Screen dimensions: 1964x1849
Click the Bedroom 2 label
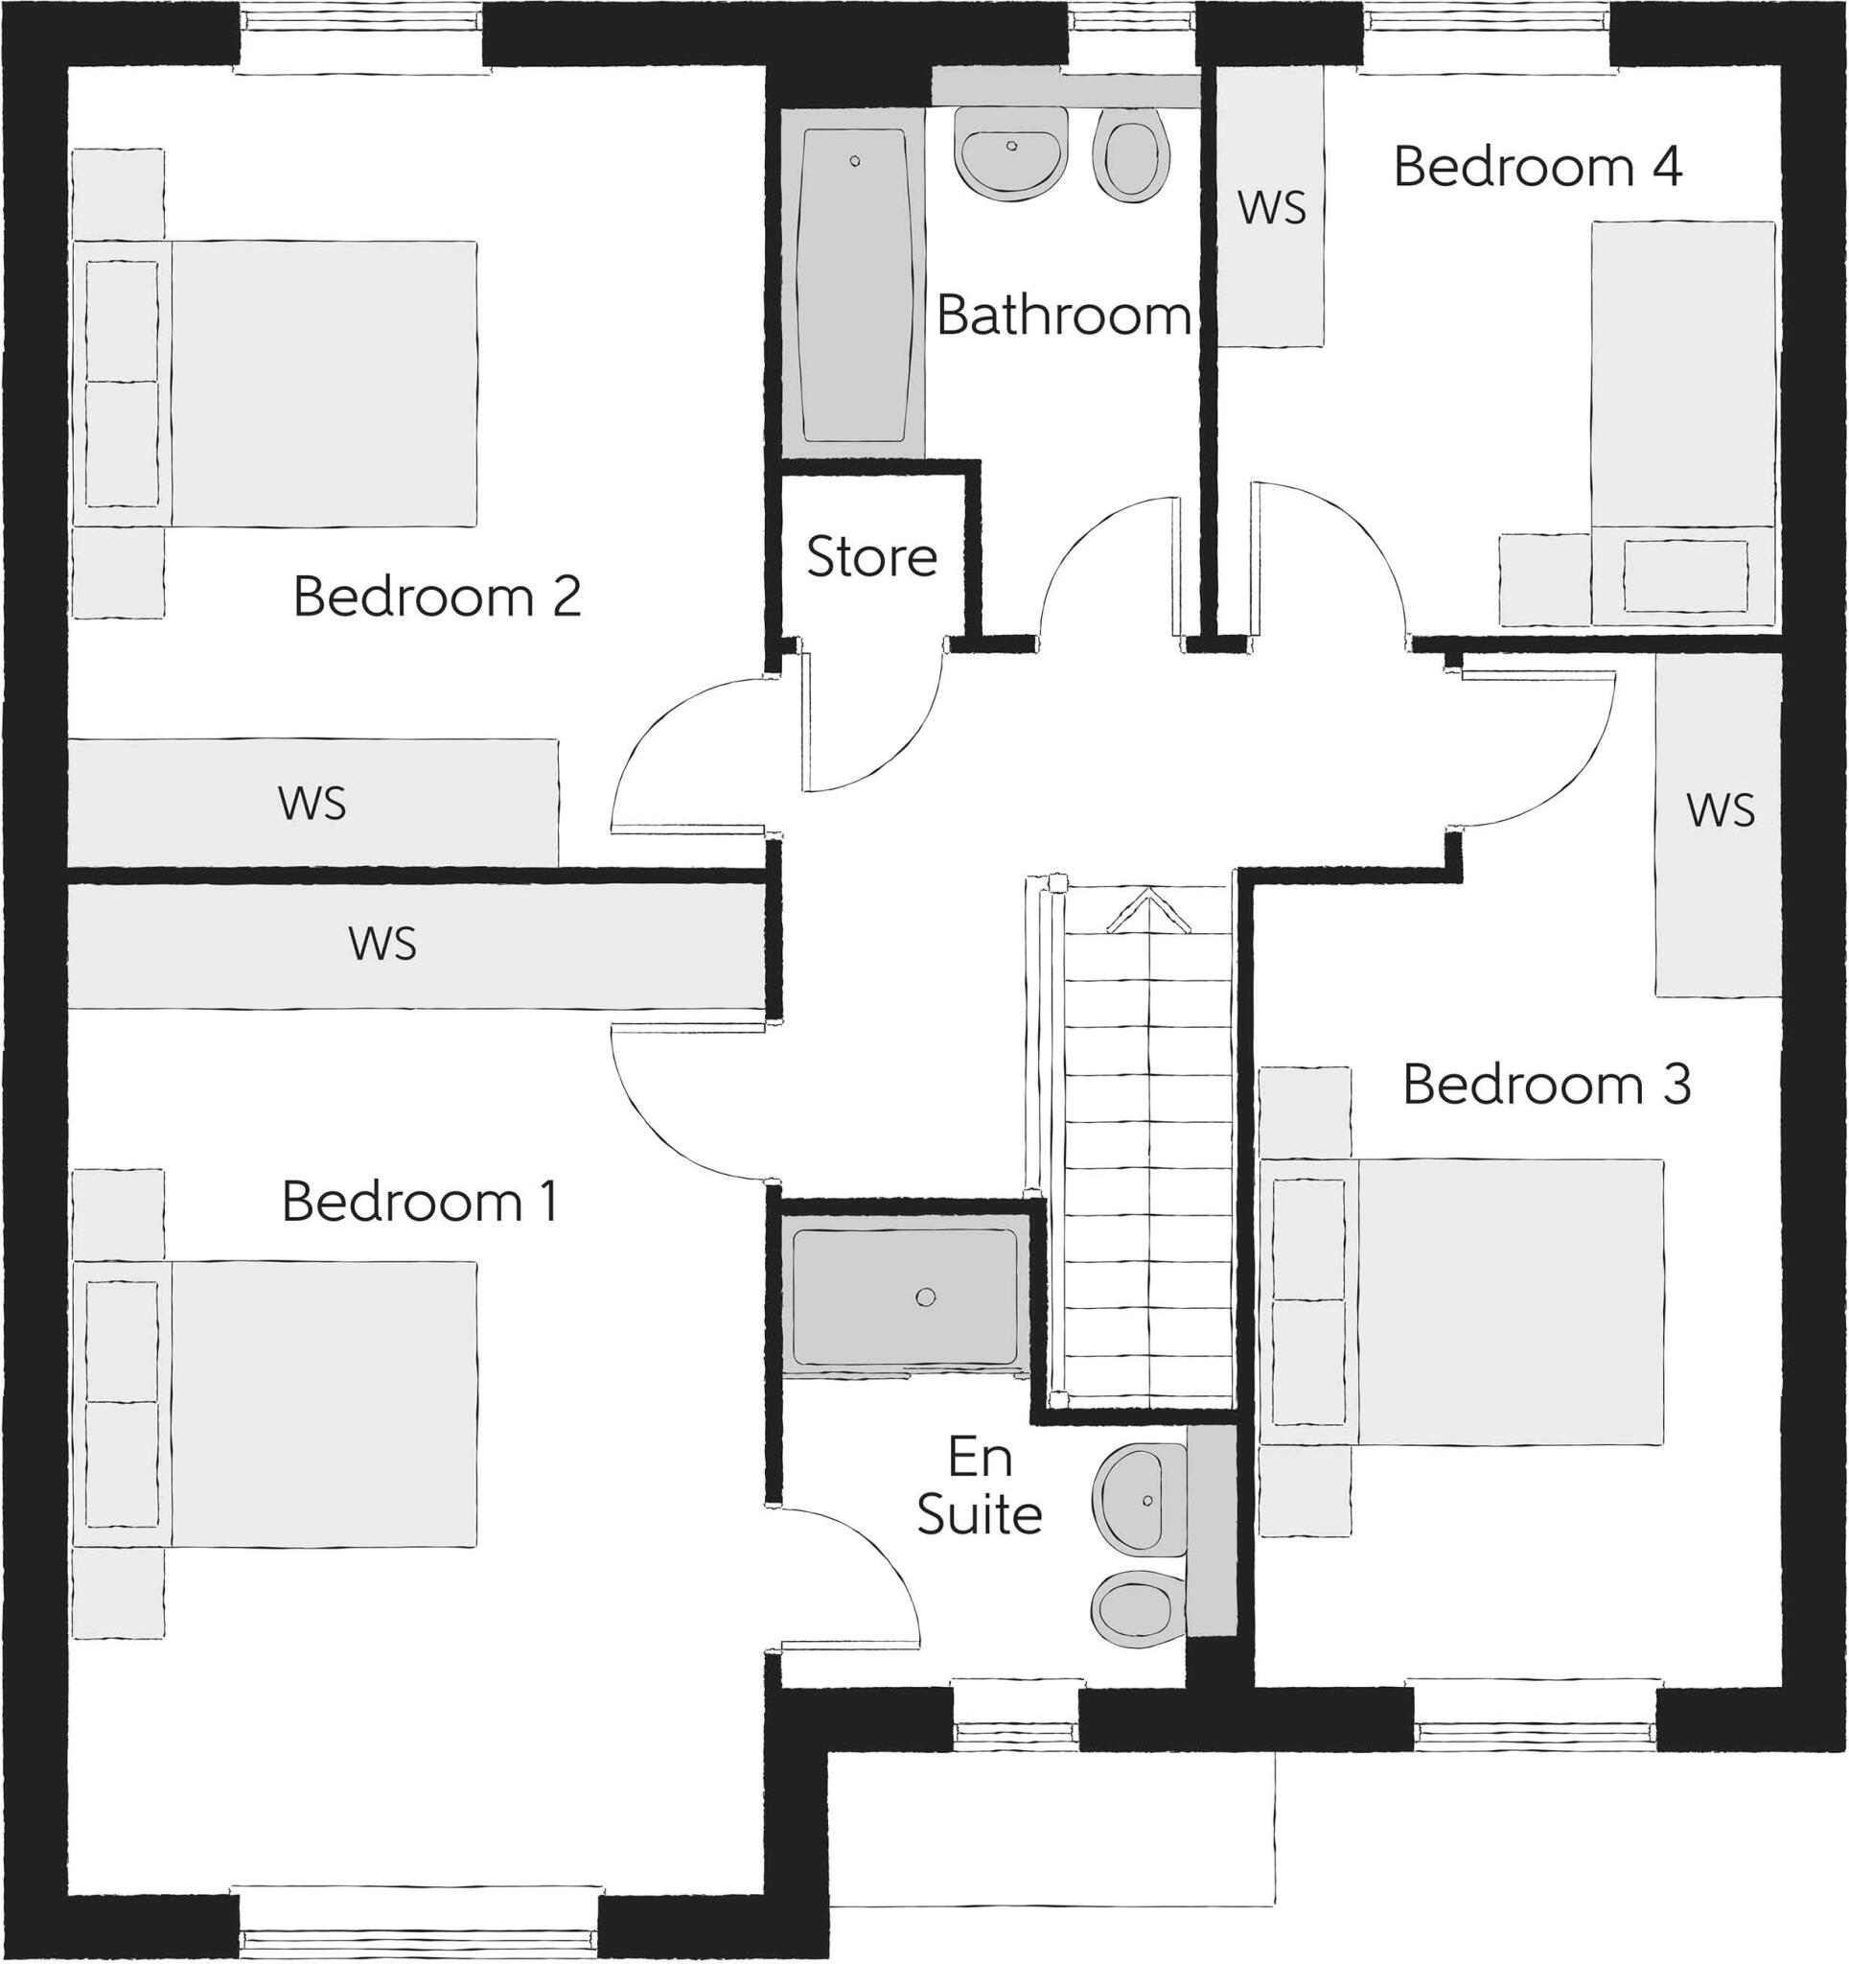pos(436,596)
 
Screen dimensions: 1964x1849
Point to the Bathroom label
pos(1063,316)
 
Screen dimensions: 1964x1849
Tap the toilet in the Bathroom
pos(1131,159)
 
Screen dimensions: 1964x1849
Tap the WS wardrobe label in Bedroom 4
pos(1271,207)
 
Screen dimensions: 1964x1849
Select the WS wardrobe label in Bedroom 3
pos(1721,810)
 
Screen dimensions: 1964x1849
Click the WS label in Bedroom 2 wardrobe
pos(312,804)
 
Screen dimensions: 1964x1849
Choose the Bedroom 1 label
pos(420,1202)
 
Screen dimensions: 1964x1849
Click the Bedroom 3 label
pos(1547,1084)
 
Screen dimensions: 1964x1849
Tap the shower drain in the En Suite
pos(926,1298)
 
